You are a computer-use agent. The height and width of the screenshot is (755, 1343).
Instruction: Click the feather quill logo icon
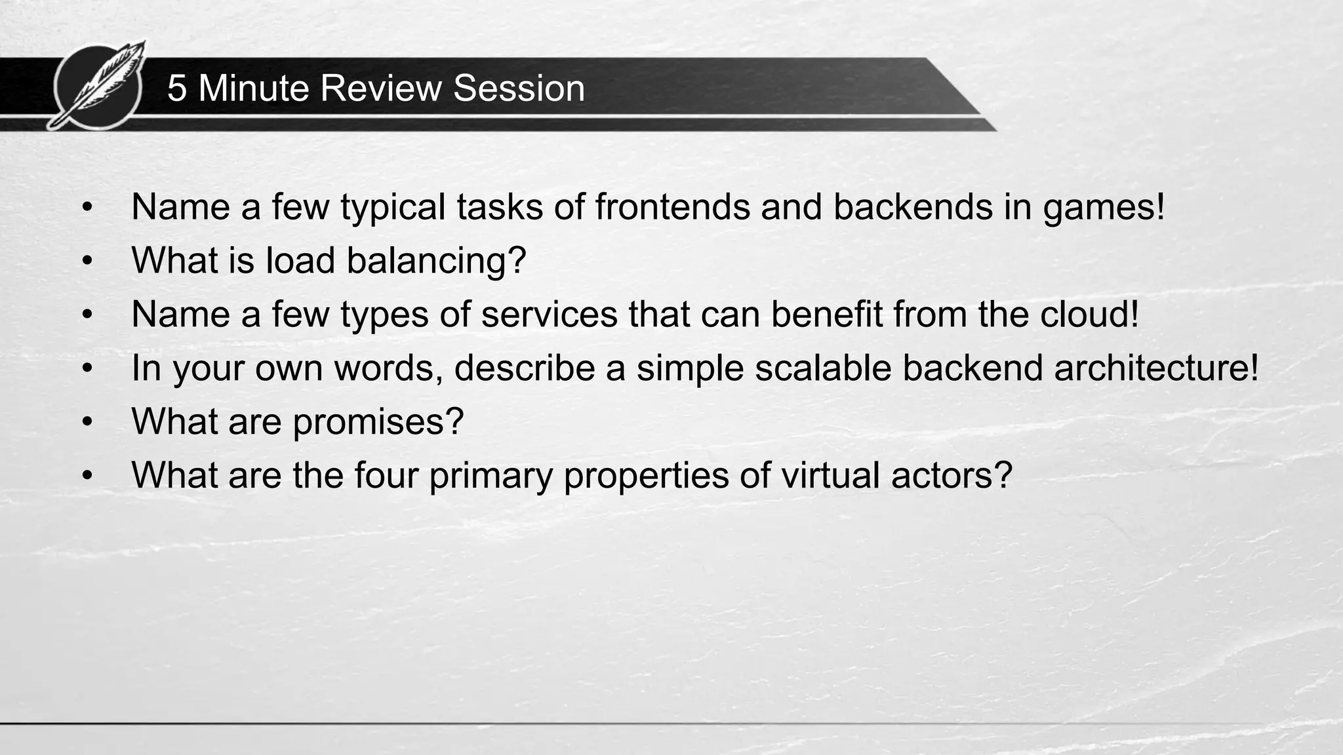[x=98, y=85]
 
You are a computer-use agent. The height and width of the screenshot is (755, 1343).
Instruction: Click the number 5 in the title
[x=176, y=88]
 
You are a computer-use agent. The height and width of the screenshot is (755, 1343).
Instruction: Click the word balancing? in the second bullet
[x=436, y=261]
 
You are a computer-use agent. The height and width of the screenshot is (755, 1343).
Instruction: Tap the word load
[x=300, y=260]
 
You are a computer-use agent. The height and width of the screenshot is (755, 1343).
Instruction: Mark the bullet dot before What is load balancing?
[x=88, y=261]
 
